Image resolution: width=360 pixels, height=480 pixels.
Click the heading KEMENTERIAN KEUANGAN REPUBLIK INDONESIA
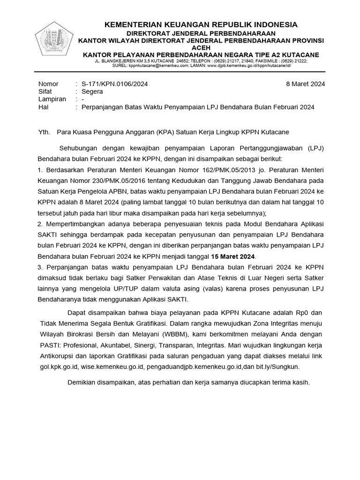200,24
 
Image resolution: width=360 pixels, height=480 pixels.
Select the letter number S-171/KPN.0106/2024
115,84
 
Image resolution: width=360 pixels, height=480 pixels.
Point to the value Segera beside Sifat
93,92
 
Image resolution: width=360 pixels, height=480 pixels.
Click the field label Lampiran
52,99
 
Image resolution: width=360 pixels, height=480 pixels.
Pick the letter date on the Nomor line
305,84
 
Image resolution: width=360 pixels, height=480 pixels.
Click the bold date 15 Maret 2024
233,256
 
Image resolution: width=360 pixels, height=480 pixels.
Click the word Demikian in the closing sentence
82,382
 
